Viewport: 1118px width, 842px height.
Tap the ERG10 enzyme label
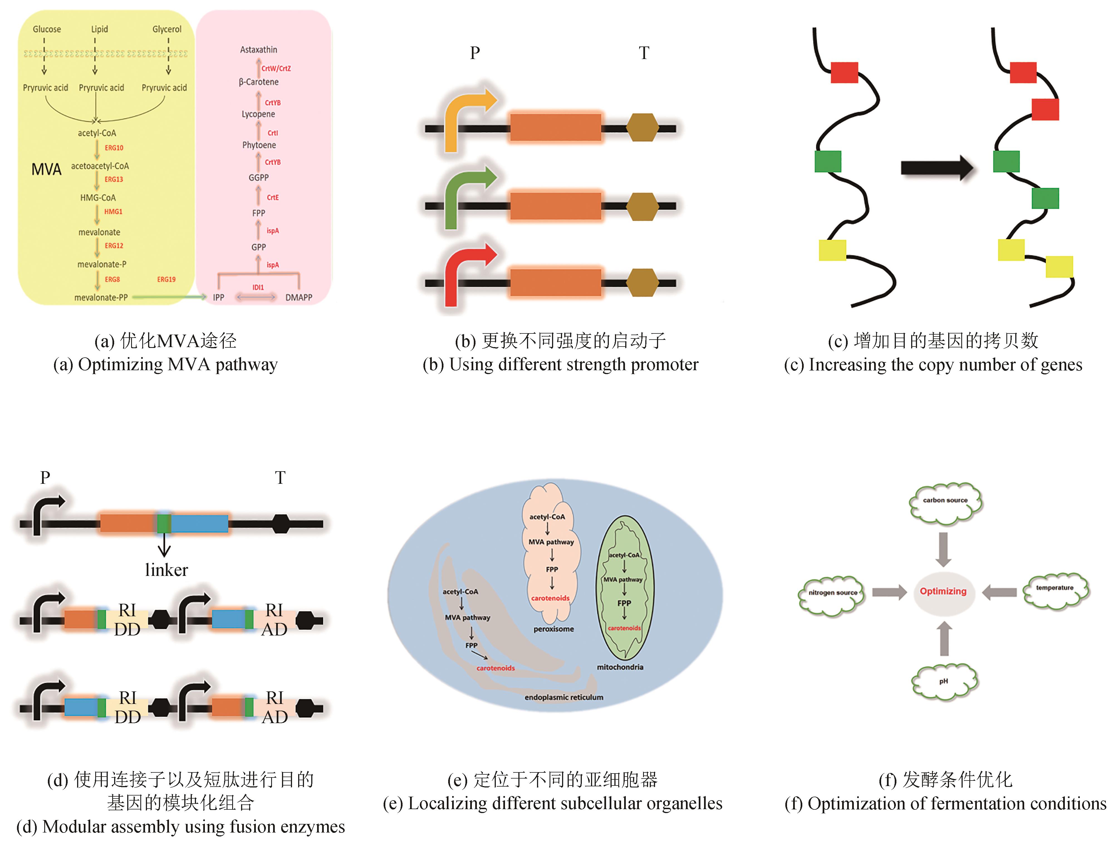click(x=114, y=148)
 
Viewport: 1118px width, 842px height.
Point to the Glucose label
click(x=46, y=29)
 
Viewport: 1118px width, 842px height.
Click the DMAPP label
click(x=299, y=298)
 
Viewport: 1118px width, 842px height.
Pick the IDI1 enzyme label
click(x=258, y=287)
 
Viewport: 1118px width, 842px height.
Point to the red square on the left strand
click(x=844, y=72)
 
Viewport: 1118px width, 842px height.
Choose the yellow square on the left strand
click(x=832, y=250)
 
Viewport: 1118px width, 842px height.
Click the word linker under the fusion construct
click(x=166, y=570)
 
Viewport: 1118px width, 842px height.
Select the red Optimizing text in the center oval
click(x=943, y=591)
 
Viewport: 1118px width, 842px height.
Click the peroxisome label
click(x=553, y=629)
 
